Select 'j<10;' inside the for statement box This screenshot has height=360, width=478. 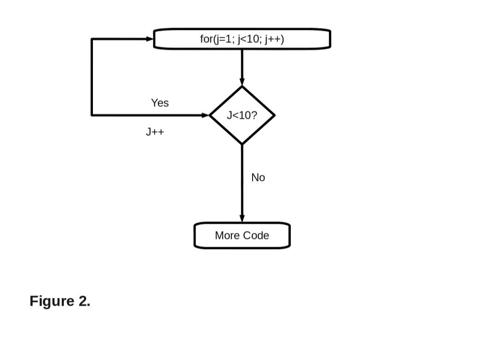coord(249,39)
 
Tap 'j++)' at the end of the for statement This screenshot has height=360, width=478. coord(274,39)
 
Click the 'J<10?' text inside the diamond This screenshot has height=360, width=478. coord(241,115)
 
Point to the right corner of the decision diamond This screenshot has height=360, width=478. coord(274,115)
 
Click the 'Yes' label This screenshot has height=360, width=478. coord(160,103)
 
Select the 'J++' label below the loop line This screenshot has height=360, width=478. coord(155,132)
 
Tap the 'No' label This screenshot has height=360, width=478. coord(258,177)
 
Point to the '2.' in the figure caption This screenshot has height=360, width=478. coord(84,301)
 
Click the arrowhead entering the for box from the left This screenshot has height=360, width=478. coord(150,39)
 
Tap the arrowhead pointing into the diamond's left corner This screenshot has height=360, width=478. coord(206,115)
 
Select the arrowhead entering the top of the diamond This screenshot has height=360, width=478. coord(242,83)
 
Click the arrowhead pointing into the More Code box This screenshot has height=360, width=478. coord(242,219)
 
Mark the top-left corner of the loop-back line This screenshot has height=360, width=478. coord(92,39)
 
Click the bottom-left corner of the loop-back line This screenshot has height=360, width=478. coord(92,115)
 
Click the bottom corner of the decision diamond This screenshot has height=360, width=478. coord(242,144)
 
